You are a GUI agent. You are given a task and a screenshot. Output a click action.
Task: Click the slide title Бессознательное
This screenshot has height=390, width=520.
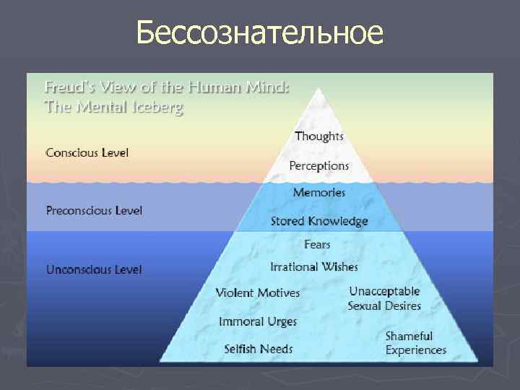coord(259,32)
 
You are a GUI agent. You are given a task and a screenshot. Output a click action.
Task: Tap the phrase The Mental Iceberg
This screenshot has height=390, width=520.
coord(114,109)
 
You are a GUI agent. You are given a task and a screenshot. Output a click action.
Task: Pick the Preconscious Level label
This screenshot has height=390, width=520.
coord(94,211)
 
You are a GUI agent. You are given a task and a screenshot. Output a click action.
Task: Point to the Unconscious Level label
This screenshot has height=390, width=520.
coord(94,269)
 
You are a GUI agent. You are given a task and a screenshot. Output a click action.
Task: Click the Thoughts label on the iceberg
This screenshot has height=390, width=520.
coord(319,136)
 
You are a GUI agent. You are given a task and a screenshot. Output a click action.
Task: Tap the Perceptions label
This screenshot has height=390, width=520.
coord(318,165)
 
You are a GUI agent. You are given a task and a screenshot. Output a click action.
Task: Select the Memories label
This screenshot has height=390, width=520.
coord(319,193)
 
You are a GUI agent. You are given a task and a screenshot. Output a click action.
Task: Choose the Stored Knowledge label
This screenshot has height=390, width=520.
coord(319,221)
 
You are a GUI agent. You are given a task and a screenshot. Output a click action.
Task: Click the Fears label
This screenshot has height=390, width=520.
coord(318,244)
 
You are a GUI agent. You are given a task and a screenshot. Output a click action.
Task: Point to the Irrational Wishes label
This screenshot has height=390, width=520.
coord(314,266)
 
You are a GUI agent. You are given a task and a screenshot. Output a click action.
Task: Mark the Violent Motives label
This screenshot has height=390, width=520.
coord(258,292)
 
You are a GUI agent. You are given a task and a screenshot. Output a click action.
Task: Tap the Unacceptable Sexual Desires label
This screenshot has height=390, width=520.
coord(384,298)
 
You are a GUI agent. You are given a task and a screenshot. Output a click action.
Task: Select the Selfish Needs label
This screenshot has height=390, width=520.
coord(258,349)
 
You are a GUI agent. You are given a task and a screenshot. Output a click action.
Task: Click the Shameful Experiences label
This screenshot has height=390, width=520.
coord(416,343)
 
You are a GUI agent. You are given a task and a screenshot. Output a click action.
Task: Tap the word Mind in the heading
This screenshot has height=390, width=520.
coord(271,88)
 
